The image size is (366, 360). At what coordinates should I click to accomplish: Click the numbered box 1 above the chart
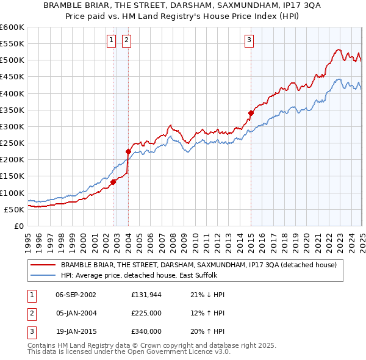click(x=112, y=41)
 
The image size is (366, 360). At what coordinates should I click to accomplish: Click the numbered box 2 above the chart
click(x=126, y=41)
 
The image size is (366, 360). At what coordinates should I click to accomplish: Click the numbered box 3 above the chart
click(x=249, y=41)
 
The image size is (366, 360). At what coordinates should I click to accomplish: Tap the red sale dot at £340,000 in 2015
click(x=251, y=113)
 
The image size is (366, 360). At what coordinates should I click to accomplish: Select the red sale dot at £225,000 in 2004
click(x=128, y=151)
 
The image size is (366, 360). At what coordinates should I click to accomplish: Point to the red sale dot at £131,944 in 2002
click(x=113, y=182)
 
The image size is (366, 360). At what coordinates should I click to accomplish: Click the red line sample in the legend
click(x=43, y=265)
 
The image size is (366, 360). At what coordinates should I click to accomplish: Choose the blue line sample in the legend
click(x=43, y=275)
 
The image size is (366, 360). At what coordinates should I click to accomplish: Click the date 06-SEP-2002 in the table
click(x=76, y=295)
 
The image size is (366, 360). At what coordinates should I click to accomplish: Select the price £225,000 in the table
click(x=146, y=313)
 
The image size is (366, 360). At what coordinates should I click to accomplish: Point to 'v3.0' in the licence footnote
click(x=220, y=352)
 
